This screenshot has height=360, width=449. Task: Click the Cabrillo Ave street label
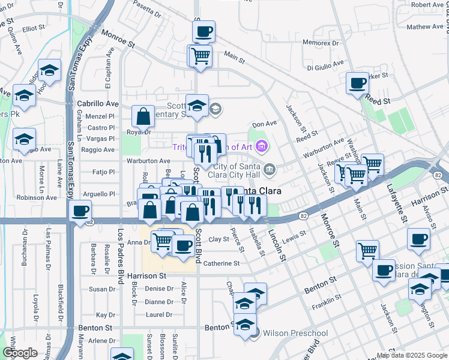[98, 103]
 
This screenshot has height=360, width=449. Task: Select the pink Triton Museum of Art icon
[261, 146]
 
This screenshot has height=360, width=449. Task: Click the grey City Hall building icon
[270, 169]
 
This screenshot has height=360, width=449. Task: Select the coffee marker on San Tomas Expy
[80, 211]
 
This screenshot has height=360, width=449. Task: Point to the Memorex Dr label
[324, 43]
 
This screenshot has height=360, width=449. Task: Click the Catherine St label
[221, 263]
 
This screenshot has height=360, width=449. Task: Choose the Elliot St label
[34, 28]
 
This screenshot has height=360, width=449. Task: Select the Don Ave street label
[264, 124]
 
